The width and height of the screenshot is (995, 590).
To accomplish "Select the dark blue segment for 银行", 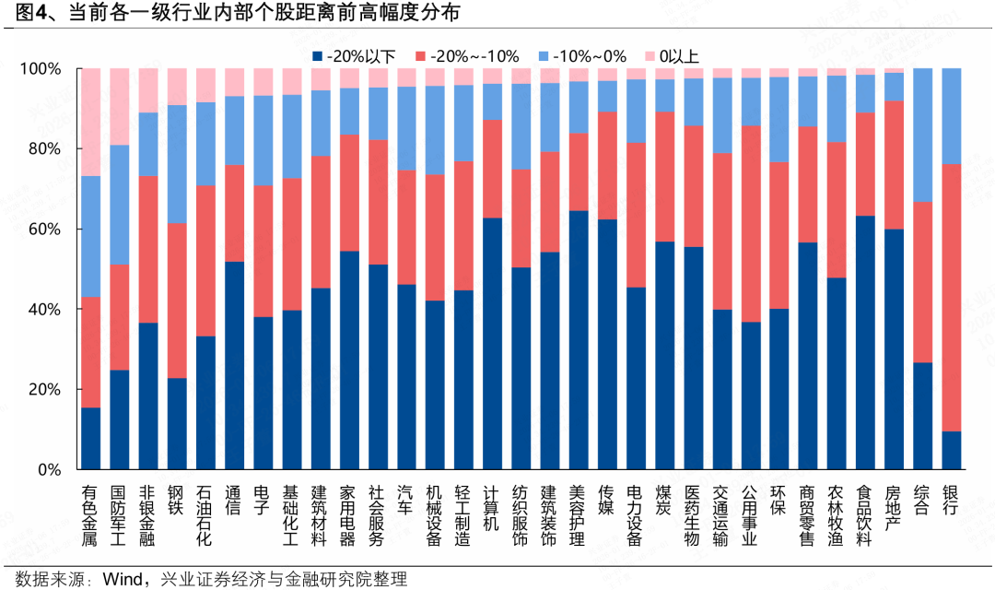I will pos(950,450).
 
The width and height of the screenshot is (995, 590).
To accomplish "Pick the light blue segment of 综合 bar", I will pos(921,135).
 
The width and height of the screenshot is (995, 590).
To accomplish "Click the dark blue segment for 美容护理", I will pos(578,340).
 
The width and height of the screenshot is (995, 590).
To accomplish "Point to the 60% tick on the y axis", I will pos(41,229).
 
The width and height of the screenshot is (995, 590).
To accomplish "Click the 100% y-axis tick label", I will pos(39,69).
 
